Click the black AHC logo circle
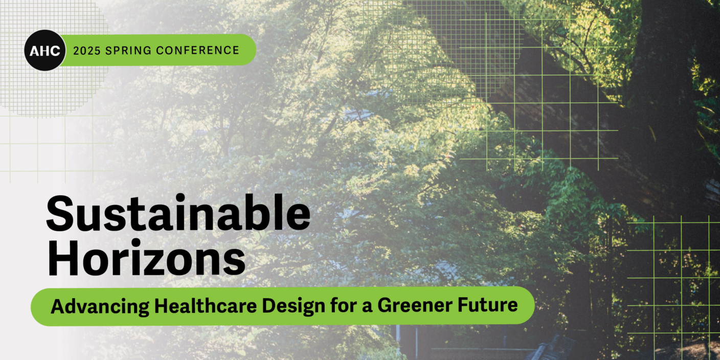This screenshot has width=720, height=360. click(45, 50)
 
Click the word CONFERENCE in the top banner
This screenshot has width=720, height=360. click(198, 50)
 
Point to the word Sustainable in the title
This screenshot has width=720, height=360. click(178, 213)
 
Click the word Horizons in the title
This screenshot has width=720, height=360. click(147, 257)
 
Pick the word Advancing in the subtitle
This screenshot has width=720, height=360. click(100, 306)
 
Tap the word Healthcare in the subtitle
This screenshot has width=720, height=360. click(206, 305)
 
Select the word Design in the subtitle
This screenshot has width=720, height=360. click(294, 306)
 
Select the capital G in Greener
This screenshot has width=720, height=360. click(385, 305)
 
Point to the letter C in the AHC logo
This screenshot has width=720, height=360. click(55, 51)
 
